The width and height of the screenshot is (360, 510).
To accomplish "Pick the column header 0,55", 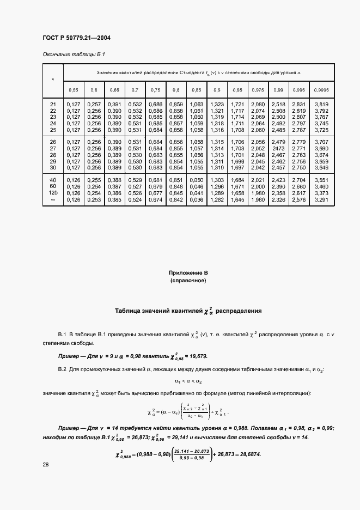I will pyautogui.click(x=73, y=89).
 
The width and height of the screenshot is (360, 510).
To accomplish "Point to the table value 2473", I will pyautogui.click(x=278, y=148).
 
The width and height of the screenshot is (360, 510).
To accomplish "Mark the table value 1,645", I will pyautogui.click(x=238, y=199).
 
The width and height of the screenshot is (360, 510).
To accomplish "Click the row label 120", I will pyautogui.click(x=53, y=193).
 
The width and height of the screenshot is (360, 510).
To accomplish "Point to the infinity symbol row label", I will pyautogui.click(x=53, y=199).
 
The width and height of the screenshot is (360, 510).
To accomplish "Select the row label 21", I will pyautogui.click(x=53, y=104).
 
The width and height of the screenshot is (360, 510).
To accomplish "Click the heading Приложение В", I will pyautogui.click(x=188, y=272).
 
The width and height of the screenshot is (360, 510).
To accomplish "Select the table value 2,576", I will pyautogui.click(x=298, y=199).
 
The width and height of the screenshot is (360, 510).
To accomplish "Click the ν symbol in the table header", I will pyautogui.click(x=53, y=79).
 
